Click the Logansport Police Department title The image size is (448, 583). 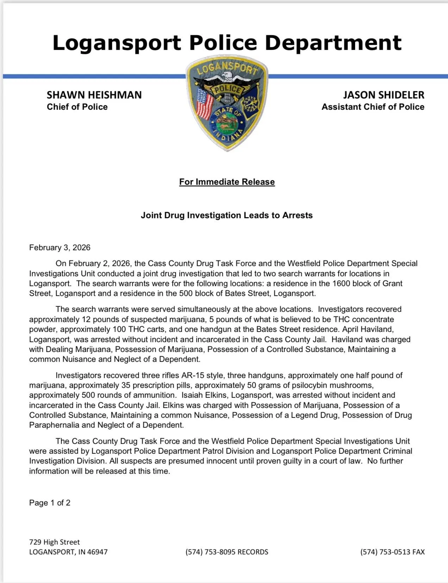coord(227,43)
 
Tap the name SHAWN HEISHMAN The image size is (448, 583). coord(94,95)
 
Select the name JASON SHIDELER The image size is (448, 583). coord(384,95)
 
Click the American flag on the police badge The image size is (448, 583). coord(205,104)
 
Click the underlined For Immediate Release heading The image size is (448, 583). coord(227,182)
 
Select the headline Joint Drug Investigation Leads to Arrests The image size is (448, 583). coord(226,215)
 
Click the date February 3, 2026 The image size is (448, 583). coord(60,247)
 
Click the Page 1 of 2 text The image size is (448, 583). coord(50,503)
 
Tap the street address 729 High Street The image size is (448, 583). coord(54,542)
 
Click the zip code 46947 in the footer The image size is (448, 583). coord(97,552)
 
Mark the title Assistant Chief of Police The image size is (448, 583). coord(373,107)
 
